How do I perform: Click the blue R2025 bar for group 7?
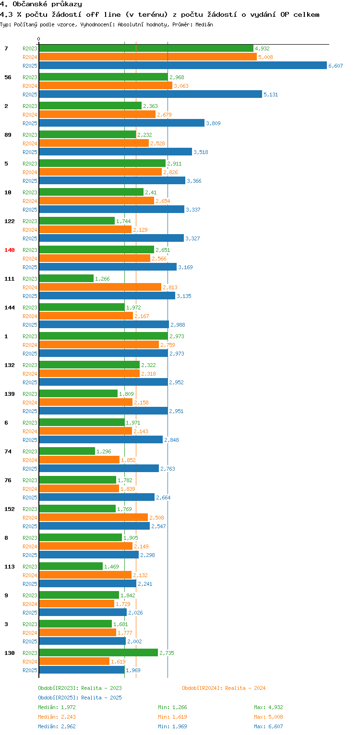[x=182, y=66]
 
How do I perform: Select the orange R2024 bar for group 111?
[x=100, y=287]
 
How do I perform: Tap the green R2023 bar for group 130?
[x=98, y=652]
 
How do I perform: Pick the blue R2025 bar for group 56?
[x=150, y=95]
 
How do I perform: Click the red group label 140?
[x=10, y=250]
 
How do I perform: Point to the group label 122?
[x=10, y=221]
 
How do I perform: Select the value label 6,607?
[x=336, y=66]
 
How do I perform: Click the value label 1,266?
[x=103, y=279]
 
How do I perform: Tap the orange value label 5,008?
[x=265, y=57]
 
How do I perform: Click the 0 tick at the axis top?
[x=39, y=39]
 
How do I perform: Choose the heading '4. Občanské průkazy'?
[x=41, y=4]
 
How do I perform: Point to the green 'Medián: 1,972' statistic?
[x=57, y=707]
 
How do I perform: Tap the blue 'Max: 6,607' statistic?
[x=268, y=726]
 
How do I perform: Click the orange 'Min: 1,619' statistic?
[x=172, y=717]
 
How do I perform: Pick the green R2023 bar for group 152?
[x=77, y=509]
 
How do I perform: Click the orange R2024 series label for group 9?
[x=30, y=604]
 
